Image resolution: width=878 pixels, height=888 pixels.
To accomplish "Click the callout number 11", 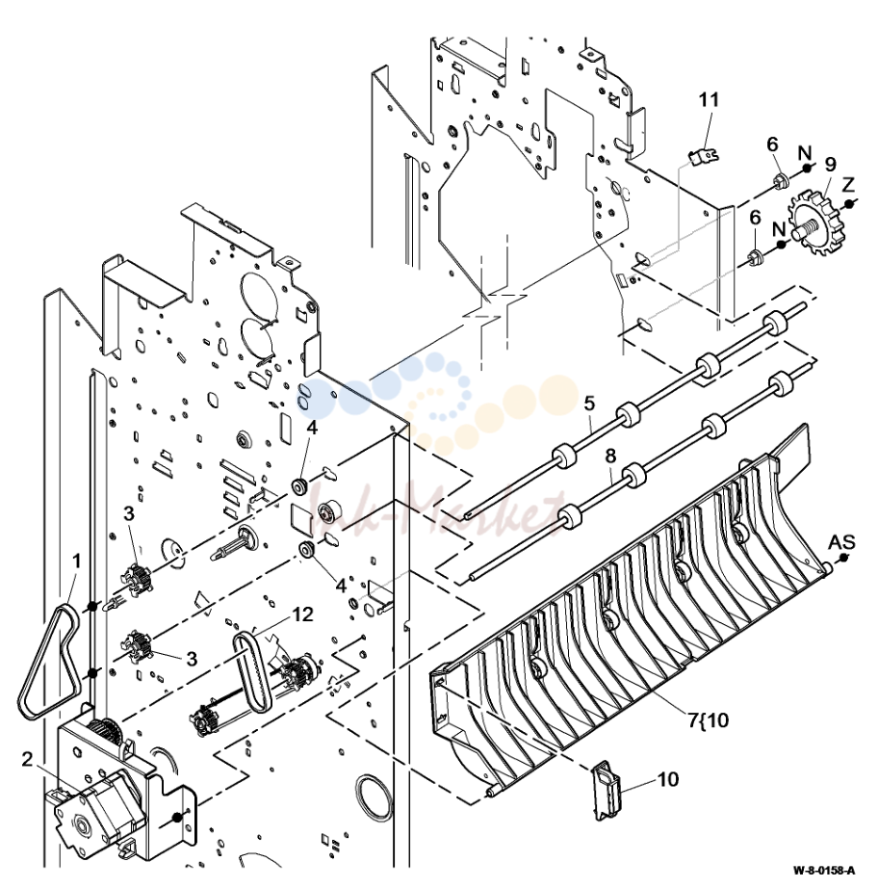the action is point(709,100).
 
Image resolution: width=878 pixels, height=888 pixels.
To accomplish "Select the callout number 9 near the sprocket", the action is point(830,165).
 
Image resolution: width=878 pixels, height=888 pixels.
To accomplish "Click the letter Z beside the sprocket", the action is point(848,185).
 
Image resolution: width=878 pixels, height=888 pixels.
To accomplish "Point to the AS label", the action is point(841,542).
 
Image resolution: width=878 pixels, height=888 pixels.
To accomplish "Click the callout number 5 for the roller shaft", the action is point(590,404).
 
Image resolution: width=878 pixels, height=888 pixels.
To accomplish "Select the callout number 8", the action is point(610,456).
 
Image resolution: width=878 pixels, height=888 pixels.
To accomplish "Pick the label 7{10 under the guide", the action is point(709,720).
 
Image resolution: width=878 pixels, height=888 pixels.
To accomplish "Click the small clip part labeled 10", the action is point(607,790).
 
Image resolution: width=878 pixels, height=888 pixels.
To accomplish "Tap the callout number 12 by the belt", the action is point(303,614).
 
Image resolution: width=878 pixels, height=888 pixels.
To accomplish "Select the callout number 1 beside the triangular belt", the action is point(76,562).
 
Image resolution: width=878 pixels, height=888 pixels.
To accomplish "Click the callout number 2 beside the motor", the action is point(27,760).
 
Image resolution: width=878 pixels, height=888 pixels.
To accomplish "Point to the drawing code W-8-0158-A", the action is point(824,870).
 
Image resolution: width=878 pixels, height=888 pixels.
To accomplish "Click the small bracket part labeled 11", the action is point(705,155).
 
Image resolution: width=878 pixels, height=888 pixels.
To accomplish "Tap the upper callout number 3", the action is point(129,513).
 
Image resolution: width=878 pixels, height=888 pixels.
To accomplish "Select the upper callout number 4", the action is point(312,428).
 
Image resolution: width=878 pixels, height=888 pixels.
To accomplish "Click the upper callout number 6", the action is point(772,144).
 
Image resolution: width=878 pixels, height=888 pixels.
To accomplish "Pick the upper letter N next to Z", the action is point(805,153).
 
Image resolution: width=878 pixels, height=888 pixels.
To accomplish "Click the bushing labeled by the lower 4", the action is point(307,549).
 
